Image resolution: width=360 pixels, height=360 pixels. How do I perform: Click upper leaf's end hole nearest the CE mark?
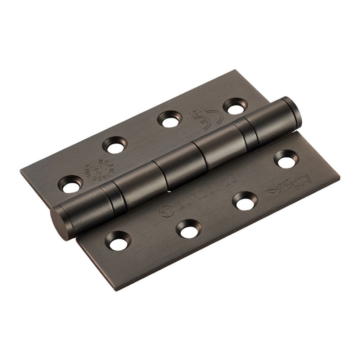click(x=235, y=106)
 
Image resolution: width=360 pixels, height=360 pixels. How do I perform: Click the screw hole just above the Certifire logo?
click(x=286, y=159)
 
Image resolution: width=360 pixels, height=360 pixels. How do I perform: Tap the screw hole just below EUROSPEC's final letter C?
click(x=245, y=201)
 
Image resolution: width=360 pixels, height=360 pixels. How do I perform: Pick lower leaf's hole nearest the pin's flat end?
click(x=118, y=241)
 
